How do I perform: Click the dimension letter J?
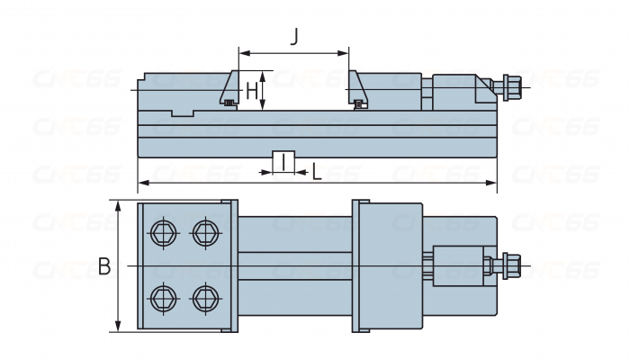click(x=294, y=37)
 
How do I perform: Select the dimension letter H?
click(x=252, y=91)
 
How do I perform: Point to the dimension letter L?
click(x=317, y=171)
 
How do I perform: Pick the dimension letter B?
click(x=104, y=266)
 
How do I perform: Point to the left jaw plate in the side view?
click(x=229, y=90)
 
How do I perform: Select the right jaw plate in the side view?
click(x=358, y=90)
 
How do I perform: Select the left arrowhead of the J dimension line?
click(x=242, y=51)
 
